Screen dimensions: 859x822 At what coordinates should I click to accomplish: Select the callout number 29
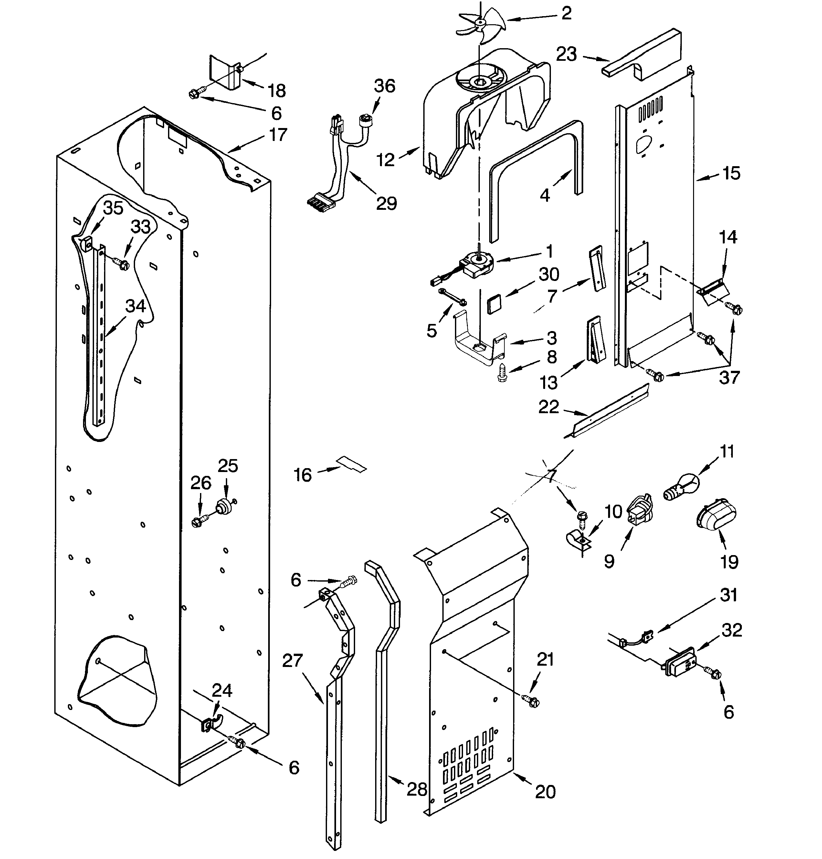pos(386,203)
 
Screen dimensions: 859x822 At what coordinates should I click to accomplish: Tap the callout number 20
pos(545,791)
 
